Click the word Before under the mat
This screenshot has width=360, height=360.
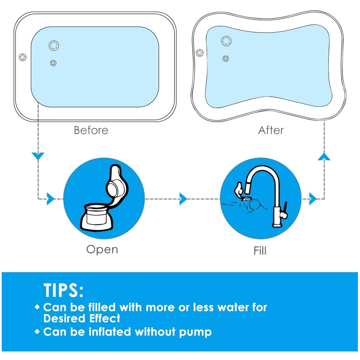91,130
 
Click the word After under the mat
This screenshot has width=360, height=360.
271,130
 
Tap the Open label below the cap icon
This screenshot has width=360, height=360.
102,250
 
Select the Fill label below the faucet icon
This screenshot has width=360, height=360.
260,250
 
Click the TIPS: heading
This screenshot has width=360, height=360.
63,290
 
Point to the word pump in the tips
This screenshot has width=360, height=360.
195,332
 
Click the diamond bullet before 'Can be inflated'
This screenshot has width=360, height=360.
37,332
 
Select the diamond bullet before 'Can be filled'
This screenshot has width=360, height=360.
37,307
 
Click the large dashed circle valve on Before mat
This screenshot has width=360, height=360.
54,45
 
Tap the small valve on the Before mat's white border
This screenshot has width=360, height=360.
22,57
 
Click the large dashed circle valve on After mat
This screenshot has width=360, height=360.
226,41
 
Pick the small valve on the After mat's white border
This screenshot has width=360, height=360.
200,53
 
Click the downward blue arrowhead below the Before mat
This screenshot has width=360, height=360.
38,156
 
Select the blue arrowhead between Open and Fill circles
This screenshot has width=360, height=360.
183,199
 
